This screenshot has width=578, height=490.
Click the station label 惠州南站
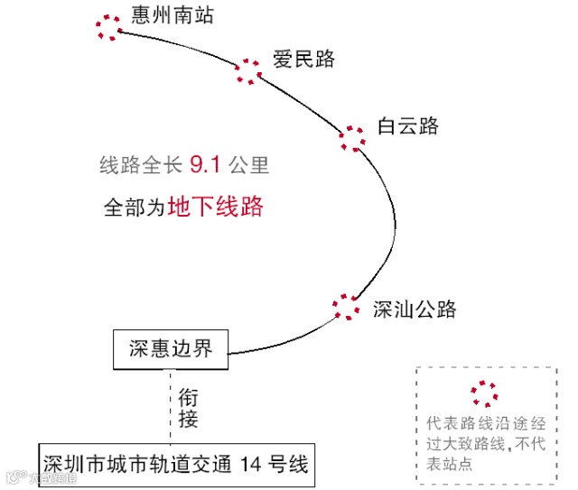172,14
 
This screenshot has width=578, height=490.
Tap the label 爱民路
303,60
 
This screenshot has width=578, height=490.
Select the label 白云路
407,126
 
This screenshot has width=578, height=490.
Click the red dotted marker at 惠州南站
109,27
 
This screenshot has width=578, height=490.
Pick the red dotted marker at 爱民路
247,71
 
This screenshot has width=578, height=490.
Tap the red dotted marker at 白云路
352,138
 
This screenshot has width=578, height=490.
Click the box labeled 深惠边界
171,348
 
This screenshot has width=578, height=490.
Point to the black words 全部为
133,208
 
